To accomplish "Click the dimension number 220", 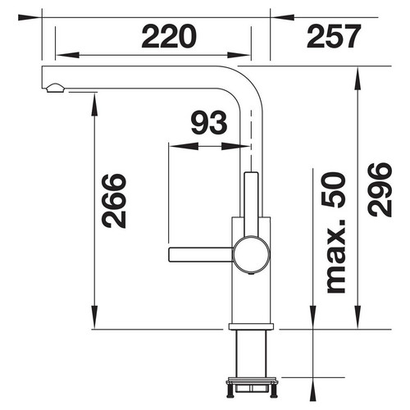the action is (x=169, y=36).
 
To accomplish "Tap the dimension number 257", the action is (x=334, y=36).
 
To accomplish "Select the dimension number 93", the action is (x=209, y=123).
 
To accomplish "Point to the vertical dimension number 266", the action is (x=114, y=201).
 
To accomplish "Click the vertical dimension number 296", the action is (x=380, y=189).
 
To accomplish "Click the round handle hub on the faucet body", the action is (x=251, y=254).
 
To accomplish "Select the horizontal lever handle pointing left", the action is (x=201, y=254).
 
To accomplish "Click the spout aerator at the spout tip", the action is (x=56, y=88).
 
